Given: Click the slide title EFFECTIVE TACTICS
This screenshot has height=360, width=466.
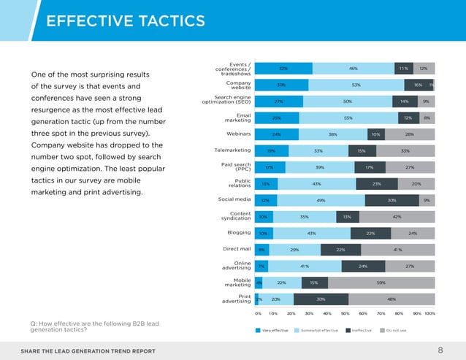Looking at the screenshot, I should coord(126,21).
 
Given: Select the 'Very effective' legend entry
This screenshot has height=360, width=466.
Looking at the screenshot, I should coord(272,330).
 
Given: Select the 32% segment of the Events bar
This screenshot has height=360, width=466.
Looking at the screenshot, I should coord(283,68).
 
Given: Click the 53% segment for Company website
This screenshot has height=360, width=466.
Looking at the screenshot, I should coord(355,85).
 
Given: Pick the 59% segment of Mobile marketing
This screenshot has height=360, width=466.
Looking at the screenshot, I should coord(381,283).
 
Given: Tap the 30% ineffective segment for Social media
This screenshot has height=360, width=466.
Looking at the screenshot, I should coord(391,200).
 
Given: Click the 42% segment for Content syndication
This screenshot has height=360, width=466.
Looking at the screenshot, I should coord(397,217).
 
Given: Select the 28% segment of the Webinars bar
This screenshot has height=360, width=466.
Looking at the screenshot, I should coord(410,134).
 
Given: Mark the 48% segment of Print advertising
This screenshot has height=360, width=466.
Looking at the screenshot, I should coord(391,299).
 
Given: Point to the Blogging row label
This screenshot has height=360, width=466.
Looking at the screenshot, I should coord(239,233).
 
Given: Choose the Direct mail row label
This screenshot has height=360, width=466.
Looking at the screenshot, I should coord(237,250).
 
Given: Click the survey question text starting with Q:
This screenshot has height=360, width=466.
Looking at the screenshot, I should coord(94,327).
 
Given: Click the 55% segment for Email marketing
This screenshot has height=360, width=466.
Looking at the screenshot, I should coord(348,118).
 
